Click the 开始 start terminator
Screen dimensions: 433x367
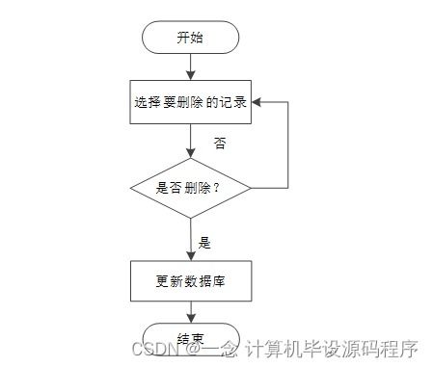[190, 38]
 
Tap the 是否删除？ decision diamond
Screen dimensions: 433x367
[190, 187]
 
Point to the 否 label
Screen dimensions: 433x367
[220, 143]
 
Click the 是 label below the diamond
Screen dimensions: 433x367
[204, 242]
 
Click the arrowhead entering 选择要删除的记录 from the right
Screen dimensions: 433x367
[256, 101]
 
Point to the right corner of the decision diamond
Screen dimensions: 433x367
[250, 187]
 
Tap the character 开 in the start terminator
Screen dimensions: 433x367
[182, 38]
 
